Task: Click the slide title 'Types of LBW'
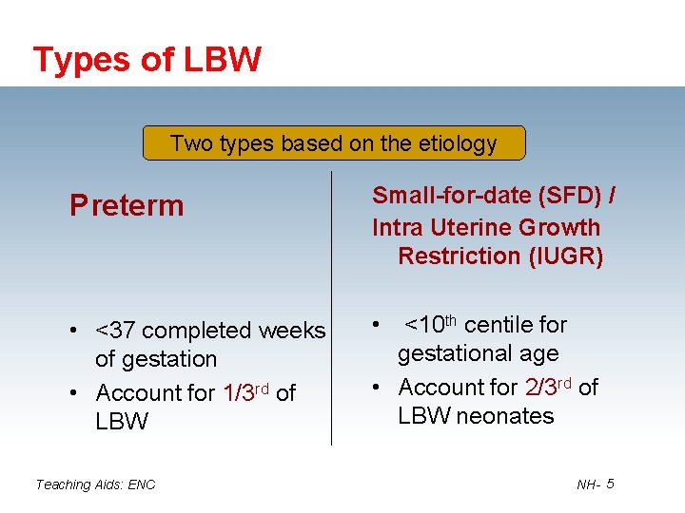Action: [x=147, y=60]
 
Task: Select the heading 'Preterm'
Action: [x=127, y=205]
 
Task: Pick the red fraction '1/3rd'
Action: [x=246, y=391]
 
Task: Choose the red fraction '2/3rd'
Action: [x=549, y=386]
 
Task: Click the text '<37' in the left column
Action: [x=115, y=331]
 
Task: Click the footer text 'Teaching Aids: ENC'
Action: [x=95, y=484]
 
